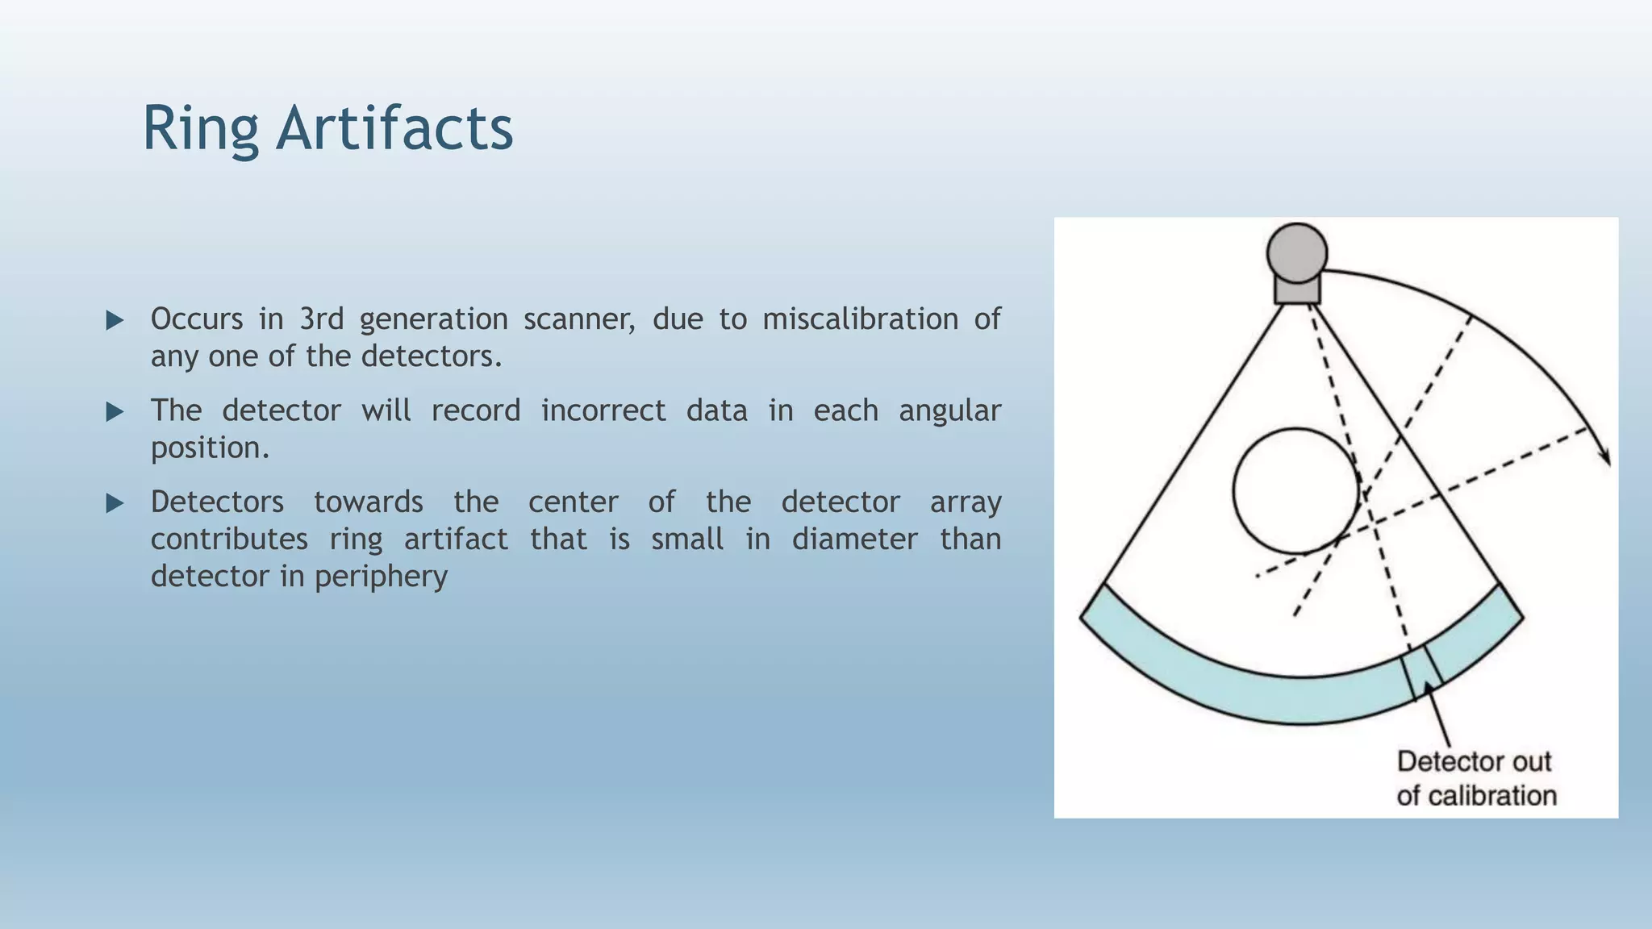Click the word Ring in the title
(x=200, y=129)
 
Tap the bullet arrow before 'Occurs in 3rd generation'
(x=115, y=320)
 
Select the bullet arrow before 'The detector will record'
(x=115, y=412)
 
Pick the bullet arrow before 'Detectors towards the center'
(x=115, y=504)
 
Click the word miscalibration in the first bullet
(x=860, y=319)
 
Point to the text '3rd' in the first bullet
(x=321, y=319)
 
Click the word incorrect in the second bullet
(x=603, y=410)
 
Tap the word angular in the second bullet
(x=949, y=410)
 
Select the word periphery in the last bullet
(x=381, y=577)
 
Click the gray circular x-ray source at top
(x=1296, y=252)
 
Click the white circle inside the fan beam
(x=1295, y=490)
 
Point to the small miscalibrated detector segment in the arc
(x=1421, y=671)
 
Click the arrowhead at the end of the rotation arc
(x=1605, y=455)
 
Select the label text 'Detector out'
(x=1474, y=761)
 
